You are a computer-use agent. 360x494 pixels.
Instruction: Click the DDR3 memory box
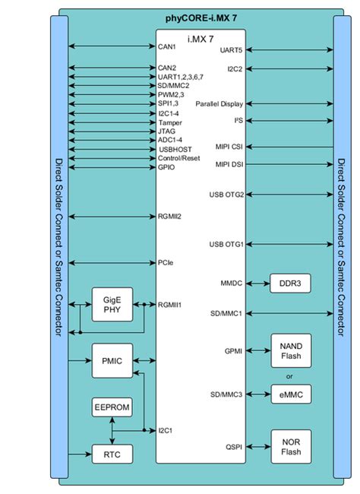coord(290,283)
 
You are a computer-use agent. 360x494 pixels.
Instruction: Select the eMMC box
coord(290,393)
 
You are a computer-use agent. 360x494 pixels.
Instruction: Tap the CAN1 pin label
coord(167,46)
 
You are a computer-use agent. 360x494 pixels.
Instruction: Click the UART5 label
coord(231,50)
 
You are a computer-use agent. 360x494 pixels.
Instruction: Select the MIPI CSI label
coord(229,147)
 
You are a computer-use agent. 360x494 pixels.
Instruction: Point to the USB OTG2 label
coord(226,195)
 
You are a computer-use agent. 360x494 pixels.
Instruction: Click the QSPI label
coord(234,448)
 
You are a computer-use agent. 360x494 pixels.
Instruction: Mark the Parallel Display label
coord(219,103)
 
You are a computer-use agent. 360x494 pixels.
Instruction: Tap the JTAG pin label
coord(166,131)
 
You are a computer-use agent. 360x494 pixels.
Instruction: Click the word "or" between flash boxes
coord(289,375)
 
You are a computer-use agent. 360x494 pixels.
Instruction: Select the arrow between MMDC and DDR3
coord(257,283)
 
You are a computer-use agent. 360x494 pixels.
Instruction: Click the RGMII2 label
coord(170,215)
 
